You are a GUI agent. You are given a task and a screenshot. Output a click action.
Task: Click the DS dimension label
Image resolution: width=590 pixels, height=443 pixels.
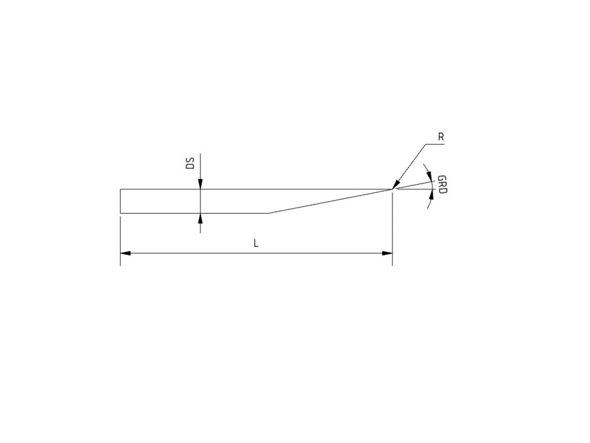pyautogui.click(x=191, y=163)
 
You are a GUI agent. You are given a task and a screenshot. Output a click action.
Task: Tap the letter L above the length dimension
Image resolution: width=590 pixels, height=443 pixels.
pyautogui.click(x=256, y=244)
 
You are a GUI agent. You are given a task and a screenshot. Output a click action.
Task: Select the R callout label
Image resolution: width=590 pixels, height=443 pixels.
pyautogui.click(x=441, y=137)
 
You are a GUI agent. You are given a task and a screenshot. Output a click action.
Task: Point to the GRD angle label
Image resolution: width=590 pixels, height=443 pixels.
pyautogui.click(x=442, y=185)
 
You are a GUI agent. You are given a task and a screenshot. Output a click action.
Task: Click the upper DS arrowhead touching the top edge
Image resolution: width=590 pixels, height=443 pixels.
pyautogui.click(x=200, y=184)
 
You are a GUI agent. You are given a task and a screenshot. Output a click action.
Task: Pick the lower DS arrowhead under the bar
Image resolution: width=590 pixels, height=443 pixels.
pyautogui.click(x=200, y=218)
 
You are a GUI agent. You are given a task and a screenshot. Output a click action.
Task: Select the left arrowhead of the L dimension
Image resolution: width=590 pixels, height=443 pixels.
pyautogui.click(x=126, y=253)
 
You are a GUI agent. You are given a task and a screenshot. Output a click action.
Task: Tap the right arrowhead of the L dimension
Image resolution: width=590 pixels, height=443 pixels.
pyautogui.click(x=387, y=253)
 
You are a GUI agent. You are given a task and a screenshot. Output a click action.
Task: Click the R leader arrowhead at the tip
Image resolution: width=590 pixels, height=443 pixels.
pyautogui.click(x=396, y=185)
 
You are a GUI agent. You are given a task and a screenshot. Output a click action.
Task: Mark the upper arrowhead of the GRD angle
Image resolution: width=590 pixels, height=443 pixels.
pyautogui.click(x=430, y=177)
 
